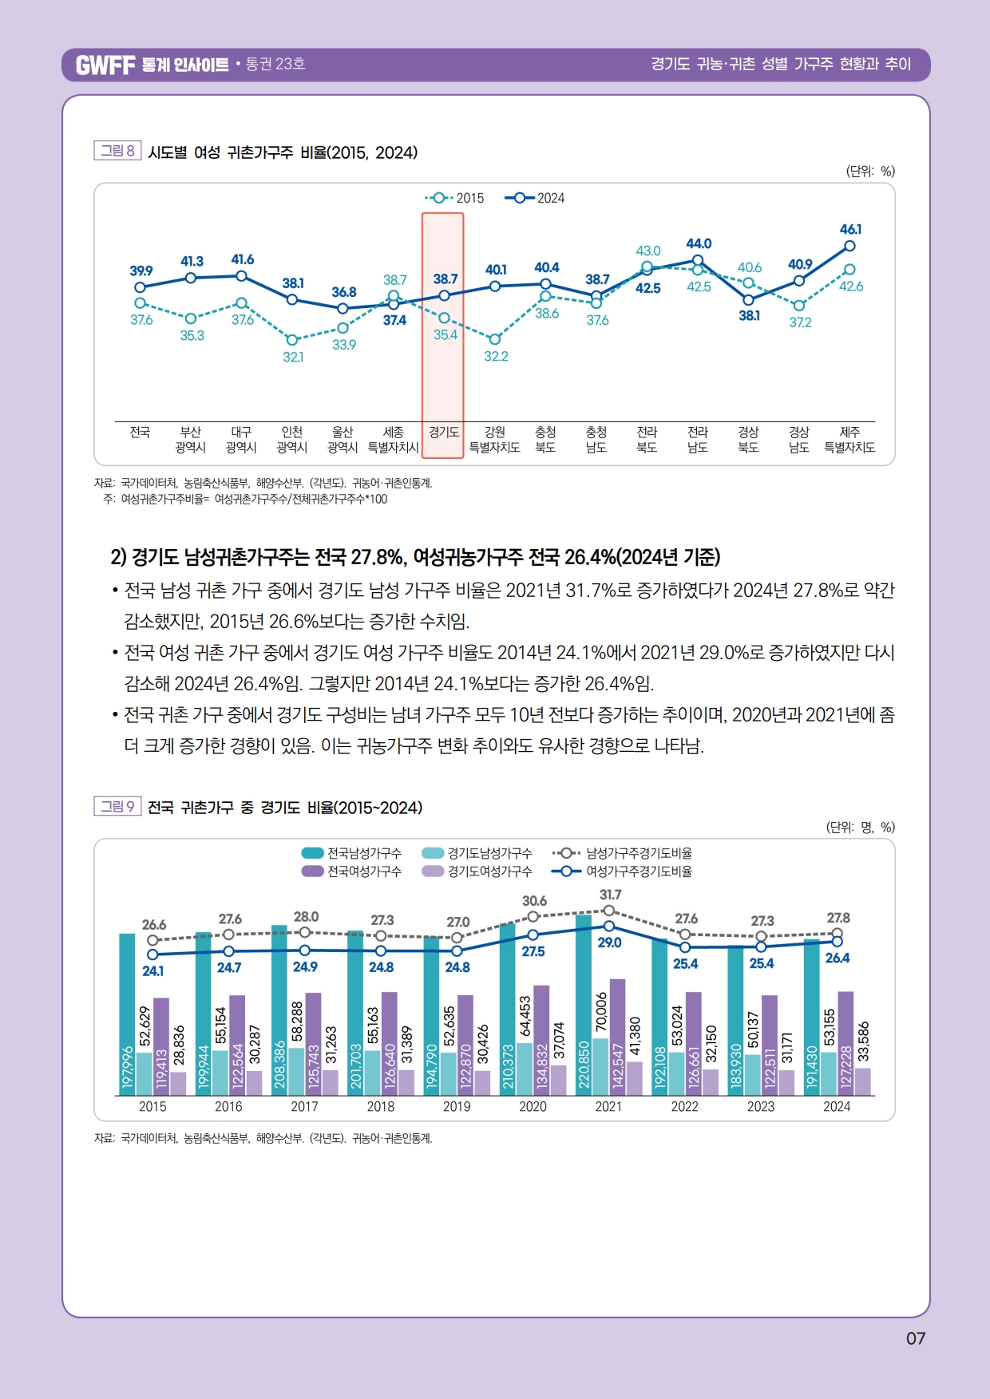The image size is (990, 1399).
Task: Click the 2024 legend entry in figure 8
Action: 536,198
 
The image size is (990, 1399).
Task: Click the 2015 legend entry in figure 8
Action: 455,198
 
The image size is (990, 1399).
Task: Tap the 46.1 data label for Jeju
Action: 850,229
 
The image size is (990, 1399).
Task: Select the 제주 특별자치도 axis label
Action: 849,440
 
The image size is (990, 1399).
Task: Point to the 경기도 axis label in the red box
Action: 443,433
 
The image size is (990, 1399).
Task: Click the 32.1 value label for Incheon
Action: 293,357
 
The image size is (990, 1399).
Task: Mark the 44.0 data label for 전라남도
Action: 699,243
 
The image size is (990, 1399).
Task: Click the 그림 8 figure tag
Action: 117,151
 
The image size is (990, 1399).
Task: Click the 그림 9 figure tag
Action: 117,806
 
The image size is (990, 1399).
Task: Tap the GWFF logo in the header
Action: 105,65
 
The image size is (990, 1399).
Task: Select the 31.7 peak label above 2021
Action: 610,895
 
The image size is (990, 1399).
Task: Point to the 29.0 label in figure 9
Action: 609,943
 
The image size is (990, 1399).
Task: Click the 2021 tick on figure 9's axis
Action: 608,1106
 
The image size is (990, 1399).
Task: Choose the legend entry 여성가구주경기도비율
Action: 623,871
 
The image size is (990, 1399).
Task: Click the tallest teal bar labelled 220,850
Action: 584,1006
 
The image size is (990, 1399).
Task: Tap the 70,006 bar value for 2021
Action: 601,1013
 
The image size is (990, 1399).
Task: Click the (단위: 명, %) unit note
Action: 860,828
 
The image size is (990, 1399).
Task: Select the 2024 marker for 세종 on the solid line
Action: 394,304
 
